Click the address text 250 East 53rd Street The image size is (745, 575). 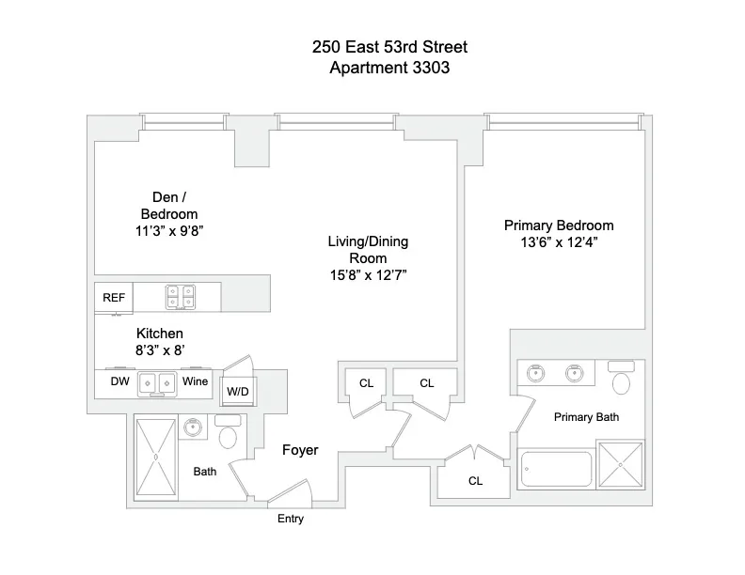[377, 46]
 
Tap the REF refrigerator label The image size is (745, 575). [114, 298]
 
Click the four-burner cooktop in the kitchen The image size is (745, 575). [180, 297]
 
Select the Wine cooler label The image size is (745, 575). [196, 382]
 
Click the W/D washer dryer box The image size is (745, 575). [235, 391]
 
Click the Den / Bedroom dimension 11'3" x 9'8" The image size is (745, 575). [169, 228]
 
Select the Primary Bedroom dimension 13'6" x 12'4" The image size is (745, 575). [559, 241]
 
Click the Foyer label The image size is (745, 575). [300, 450]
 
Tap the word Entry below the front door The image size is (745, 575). [290, 519]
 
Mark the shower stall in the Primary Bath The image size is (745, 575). [620, 466]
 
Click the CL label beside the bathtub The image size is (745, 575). [475, 480]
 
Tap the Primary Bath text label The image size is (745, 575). [586, 417]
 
